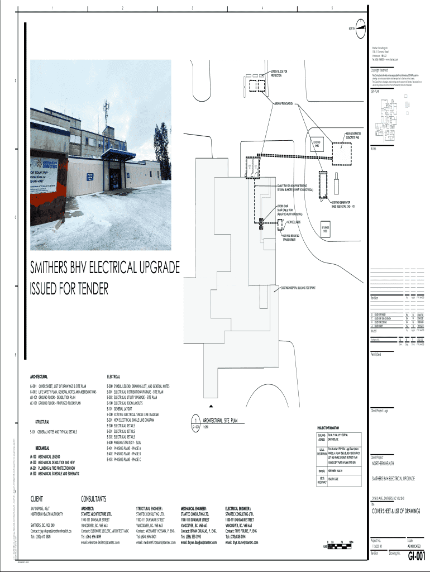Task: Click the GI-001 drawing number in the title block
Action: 416,555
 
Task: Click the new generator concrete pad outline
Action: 345,152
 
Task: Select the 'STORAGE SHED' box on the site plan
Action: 326,229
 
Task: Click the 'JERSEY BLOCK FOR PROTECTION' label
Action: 279,73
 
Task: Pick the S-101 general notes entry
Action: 54,432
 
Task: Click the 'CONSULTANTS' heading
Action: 98,498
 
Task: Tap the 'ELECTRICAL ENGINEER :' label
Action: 241,508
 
